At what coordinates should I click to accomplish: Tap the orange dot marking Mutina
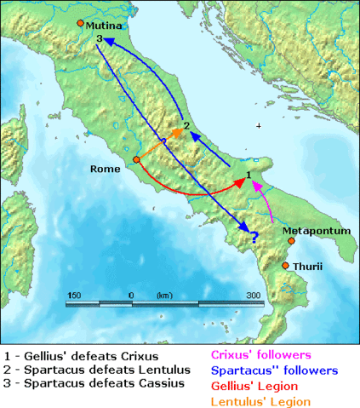[x=80, y=23]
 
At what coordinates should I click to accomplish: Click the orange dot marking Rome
[x=135, y=159]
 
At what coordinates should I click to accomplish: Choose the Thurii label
[x=307, y=267]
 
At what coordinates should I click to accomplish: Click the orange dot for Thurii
[x=286, y=266]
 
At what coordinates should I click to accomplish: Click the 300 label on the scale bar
[x=253, y=295]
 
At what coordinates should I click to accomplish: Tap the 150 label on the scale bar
[x=73, y=295]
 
